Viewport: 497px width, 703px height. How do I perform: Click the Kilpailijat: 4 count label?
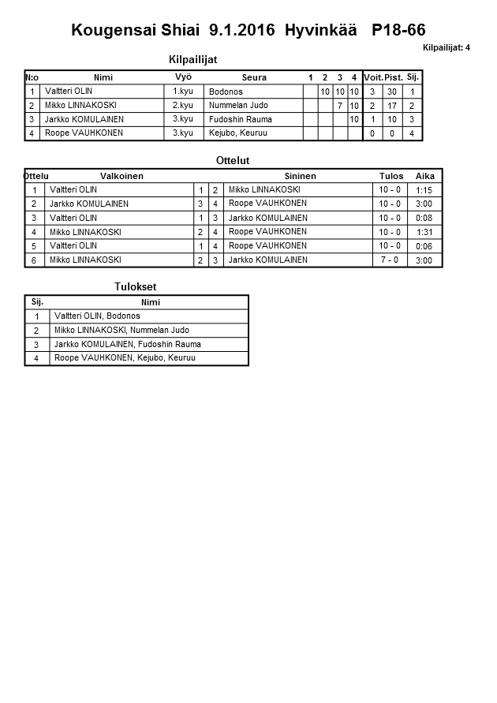point(447,47)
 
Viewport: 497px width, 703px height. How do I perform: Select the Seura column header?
point(254,77)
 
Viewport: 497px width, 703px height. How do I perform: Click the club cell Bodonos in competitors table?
point(226,92)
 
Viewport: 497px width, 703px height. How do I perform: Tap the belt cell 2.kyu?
point(182,105)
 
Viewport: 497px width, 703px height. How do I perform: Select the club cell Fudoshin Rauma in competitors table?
point(241,119)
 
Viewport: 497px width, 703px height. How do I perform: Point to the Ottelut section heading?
point(233,160)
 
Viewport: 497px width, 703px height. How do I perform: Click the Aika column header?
point(425,176)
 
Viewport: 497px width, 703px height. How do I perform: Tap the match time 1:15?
point(424,190)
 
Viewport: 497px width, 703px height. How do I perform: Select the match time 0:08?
point(424,218)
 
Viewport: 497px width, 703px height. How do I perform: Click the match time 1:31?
point(424,232)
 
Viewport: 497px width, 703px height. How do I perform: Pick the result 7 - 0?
point(390,260)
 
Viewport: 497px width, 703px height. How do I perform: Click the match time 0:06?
point(424,246)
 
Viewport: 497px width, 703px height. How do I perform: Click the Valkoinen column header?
point(121,176)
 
